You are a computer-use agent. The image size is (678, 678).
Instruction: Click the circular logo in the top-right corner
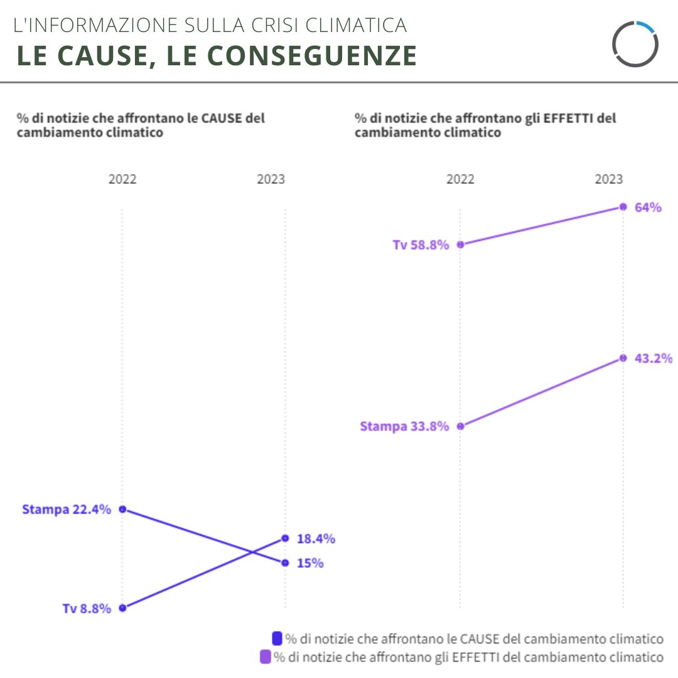[635, 43]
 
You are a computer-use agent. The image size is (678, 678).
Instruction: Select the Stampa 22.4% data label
[67, 509]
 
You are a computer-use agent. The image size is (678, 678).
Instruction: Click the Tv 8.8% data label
[87, 608]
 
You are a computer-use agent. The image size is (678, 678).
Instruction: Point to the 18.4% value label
[316, 539]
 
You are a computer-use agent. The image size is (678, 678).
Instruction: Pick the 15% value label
[310, 563]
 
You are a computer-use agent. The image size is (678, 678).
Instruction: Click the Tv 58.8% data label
[421, 245]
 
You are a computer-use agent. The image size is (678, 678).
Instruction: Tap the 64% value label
[648, 207]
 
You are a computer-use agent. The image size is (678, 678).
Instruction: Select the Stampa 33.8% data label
[404, 426]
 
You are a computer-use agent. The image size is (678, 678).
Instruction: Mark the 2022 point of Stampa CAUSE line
[122, 509]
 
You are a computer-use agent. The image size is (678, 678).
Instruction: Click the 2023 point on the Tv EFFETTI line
[623, 207]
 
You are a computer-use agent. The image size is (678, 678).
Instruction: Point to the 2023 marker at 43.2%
[623, 358]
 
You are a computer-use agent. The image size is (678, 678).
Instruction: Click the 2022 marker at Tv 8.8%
[122, 608]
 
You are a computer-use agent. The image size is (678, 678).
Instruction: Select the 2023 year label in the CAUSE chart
[271, 180]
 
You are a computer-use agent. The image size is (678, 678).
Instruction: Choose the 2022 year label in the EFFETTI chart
[460, 180]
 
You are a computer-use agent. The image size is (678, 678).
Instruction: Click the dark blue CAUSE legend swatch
[277, 638]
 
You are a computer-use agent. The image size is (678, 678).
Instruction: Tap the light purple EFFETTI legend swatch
[265, 657]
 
